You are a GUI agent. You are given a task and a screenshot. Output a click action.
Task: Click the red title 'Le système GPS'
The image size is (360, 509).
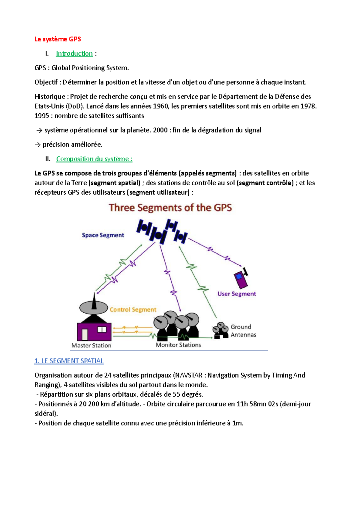[58, 39]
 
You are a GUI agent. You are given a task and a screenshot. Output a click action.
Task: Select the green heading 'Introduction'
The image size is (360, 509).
[74, 54]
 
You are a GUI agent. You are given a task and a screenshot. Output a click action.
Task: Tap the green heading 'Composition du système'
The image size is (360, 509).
[94, 159]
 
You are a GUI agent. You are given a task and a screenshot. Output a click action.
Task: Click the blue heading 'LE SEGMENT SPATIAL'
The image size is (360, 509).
[69, 361]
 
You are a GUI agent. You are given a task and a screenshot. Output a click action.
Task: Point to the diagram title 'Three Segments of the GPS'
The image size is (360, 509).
[170, 208]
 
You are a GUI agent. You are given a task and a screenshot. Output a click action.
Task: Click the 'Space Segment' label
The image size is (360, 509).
[103, 235]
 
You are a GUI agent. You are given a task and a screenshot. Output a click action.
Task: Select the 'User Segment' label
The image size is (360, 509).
[237, 294]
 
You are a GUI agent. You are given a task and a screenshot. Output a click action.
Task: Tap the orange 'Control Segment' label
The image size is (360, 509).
[133, 310]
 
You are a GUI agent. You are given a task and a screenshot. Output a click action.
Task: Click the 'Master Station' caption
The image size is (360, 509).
[91, 345]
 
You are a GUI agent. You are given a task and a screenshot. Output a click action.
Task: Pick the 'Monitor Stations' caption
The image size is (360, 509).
[178, 345]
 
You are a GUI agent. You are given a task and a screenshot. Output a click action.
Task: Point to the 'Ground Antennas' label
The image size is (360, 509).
[243, 331]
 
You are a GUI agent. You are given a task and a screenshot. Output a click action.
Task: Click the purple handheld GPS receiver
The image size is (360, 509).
[241, 278]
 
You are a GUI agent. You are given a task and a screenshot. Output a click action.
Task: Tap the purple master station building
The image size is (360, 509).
[94, 331]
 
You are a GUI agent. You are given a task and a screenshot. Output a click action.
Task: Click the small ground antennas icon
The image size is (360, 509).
[220, 330]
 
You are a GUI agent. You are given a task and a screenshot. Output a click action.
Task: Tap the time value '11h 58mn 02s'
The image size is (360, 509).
[257, 404]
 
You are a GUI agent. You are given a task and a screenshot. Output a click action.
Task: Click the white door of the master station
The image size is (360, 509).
[85, 334]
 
